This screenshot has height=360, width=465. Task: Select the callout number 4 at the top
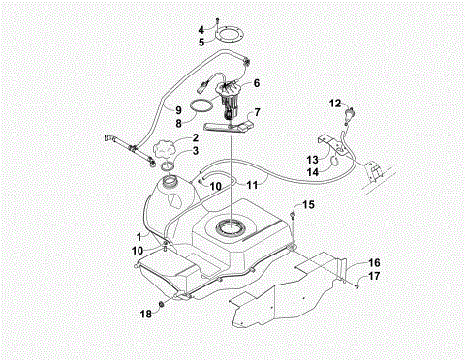coord(202,30)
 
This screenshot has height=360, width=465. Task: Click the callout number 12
coord(334,102)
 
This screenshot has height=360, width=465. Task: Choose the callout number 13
coord(313,159)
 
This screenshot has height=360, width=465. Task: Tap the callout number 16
coord(374,262)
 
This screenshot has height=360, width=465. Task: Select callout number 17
coord(374,276)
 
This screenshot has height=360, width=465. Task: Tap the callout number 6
coord(257,83)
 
